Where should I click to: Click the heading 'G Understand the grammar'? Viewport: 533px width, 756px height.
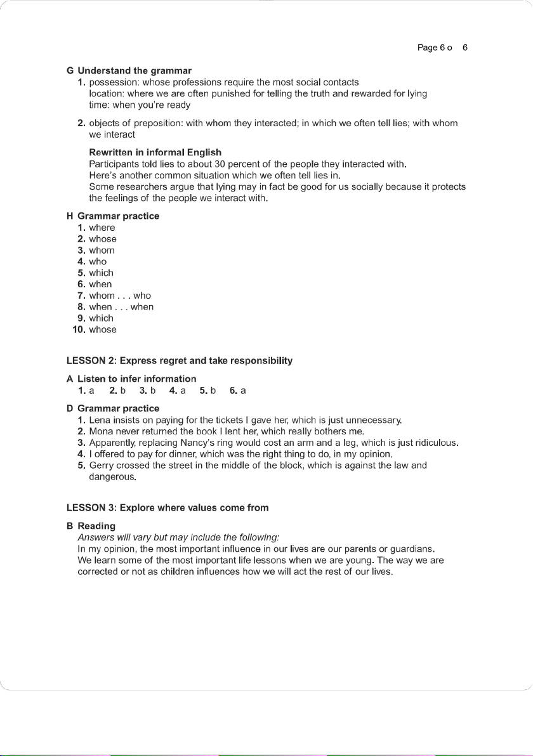(x=129, y=70)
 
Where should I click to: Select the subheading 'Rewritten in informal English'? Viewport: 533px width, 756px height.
(x=155, y=152)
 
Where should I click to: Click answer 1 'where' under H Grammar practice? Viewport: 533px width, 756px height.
(x=102, y=228)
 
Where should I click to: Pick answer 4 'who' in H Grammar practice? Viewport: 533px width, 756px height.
(x=98, y=261)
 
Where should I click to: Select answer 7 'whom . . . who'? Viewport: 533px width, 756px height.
(x=120, y=296)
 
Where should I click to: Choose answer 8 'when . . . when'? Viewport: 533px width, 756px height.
(x=121, y=307)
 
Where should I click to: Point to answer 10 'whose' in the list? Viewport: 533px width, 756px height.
(x=103, y=330)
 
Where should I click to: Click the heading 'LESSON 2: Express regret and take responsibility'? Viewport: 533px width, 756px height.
(x=180, y=361)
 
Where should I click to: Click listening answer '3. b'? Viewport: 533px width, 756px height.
(x=148, y=391)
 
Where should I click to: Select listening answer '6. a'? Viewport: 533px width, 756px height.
(x=238, y=391)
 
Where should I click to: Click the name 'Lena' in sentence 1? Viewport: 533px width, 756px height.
(x=100, y=420)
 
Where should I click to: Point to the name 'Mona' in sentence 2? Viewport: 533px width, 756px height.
(x=101, y=431)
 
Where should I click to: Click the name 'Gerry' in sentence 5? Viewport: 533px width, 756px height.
(x=102, y=466)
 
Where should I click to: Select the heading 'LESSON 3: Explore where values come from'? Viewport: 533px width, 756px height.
(x=168, y=508)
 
